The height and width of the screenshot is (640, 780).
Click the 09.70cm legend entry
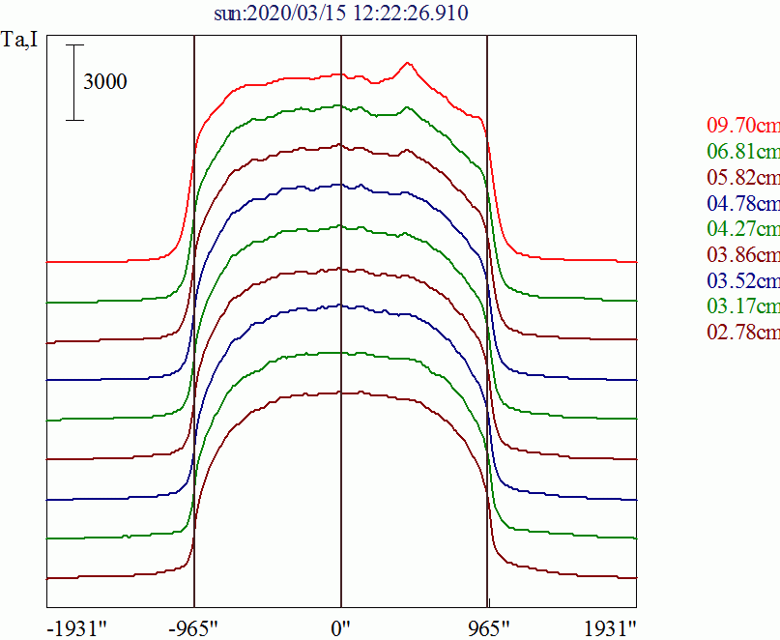coord(742,126)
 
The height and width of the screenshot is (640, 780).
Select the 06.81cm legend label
coord(742,152)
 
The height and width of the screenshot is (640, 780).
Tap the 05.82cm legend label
coord(742,178)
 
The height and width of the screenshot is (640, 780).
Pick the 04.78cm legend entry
coord(742,204)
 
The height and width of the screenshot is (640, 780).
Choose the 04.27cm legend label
coord(742,230)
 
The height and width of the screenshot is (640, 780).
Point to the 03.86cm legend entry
coord(742,255)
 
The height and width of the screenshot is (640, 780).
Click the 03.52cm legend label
coord(742,281)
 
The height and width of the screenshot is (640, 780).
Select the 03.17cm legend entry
coord(742,307)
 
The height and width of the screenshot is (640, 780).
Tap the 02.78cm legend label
coord(742,334)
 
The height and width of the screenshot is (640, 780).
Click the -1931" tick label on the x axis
coord(76,627)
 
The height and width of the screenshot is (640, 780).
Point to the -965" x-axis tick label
coord(193,627)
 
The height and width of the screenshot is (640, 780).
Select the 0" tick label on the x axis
coord(340,627)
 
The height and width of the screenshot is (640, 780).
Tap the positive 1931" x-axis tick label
coord(610,627)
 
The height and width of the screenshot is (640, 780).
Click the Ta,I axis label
coord(20,43)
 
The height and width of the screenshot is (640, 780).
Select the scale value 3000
coord(105,82)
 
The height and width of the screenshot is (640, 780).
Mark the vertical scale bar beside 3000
coord(75,82)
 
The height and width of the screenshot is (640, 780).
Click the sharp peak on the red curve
coord(408,64)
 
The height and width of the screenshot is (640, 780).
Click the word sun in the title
coord(229,14)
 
